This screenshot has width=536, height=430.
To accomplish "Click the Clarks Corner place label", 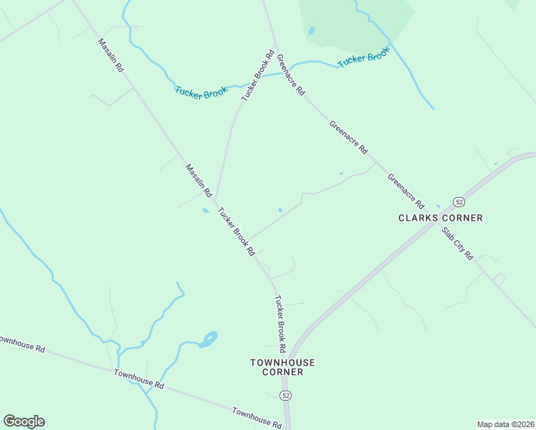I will (441, 218).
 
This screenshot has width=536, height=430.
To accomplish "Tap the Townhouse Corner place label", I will (282, 367).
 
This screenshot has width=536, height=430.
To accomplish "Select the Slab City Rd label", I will (457, 244).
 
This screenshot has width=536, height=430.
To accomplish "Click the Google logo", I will (24, 421).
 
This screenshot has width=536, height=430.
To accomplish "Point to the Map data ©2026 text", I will (506, 424).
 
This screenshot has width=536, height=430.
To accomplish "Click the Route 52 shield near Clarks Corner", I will (458, 201).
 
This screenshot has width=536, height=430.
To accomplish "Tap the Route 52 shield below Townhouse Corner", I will (286, 396).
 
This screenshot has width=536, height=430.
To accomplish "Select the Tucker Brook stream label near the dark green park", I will (363, 57).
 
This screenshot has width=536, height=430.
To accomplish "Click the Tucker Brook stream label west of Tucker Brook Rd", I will (201, 92).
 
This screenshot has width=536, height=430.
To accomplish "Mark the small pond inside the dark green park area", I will (311, 31).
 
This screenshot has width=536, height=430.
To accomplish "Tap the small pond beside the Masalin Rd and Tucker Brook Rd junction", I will (206, 211).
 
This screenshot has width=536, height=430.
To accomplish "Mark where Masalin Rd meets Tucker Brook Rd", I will (216, 202).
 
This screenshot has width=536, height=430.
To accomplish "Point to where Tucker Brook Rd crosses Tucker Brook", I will (263, 75).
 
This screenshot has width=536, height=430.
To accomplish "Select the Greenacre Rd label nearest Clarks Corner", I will (406, 190).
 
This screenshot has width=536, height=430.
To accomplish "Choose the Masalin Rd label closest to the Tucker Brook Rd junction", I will (199, 181).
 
